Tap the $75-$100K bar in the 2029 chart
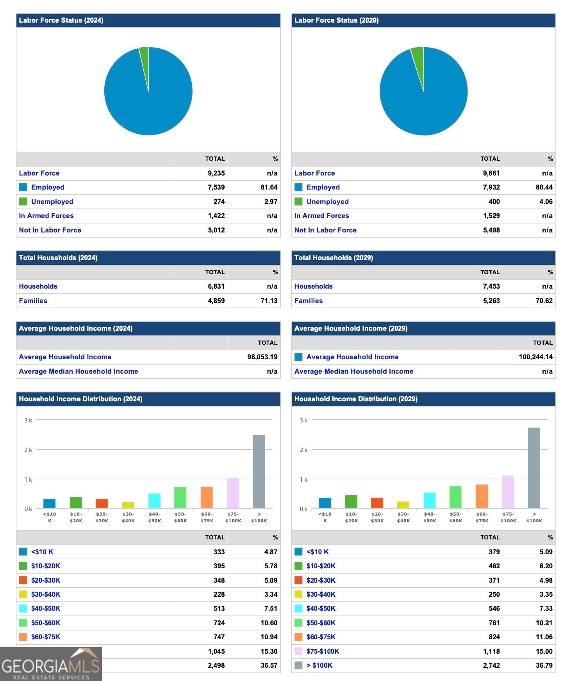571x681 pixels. [x=508, y=492]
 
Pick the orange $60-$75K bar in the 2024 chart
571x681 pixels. [x=207, y=497]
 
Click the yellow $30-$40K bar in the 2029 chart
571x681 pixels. [x=403, y=505]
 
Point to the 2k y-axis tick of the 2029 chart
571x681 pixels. [x=303, y=450]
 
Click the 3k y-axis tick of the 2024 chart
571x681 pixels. [x=28, y=420]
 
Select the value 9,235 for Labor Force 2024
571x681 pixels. [x=216, y=173]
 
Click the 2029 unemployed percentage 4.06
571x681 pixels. [x=546, y=202]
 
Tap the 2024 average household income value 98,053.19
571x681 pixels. [x=262, y=357]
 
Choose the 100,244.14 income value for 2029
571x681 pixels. [x=535, y=357]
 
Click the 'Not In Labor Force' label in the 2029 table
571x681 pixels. [x=325, y=230]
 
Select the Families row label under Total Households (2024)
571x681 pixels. [x=33, y=301]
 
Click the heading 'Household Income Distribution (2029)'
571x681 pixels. [x=356, y=399]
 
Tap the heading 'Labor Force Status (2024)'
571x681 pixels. [x=61, y=20]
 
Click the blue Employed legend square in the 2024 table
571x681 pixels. [x=23, y=187]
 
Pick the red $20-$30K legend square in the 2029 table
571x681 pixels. [x=298, y=580]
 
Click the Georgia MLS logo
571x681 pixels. [x=51, y=664]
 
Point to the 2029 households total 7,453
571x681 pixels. [x=491, y=286]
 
